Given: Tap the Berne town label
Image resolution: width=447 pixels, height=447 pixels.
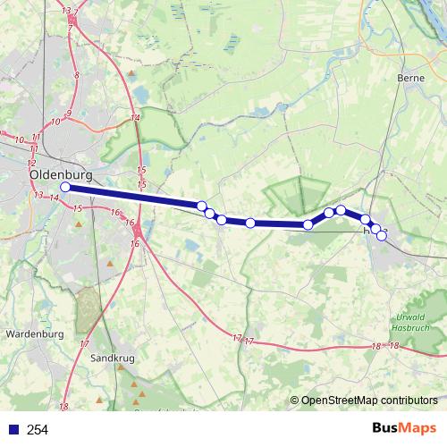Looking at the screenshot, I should click(x=409, y=78).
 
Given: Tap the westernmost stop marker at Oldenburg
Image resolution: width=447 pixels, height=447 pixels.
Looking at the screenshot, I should click(x=64, y=187).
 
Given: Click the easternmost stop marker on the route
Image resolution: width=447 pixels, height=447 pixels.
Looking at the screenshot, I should click(x=382, y=235).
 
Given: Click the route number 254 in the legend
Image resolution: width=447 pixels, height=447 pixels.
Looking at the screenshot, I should click(x=38, y=430).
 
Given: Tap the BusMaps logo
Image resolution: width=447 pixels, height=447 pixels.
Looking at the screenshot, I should click(x=403, y=429).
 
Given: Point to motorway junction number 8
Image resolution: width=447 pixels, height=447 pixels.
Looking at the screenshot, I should click(x=78, y=76).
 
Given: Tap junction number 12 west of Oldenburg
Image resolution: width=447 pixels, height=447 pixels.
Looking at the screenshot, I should click(x=31, y=164).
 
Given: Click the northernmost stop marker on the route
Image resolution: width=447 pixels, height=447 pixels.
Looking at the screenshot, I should click(x=341, y=209).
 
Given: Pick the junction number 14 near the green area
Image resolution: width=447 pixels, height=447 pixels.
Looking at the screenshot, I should click(x=135, y=118).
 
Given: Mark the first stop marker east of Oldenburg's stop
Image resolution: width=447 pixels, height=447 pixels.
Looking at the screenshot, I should click(x=202, y=206).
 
